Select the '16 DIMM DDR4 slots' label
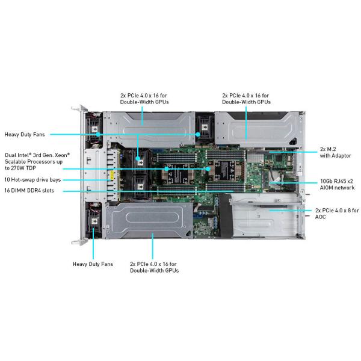pyautogui.click(x=29, y=191)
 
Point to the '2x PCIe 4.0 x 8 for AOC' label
pyautogui.click(x=337, y=214)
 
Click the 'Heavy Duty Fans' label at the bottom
pyautogui.click(x=93, y=264)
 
